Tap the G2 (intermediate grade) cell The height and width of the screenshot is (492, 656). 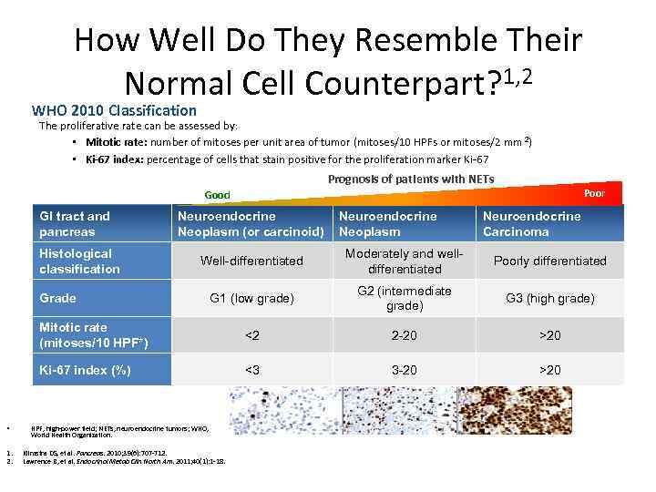pos(404,298)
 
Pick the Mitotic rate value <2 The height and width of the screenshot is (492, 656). pos(251,335)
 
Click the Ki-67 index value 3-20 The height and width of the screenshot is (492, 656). pos(404,369)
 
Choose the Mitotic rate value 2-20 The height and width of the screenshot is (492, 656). pos(404,335)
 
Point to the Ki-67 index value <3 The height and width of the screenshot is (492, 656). pos(251,369)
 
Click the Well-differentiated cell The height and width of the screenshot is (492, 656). pos(251,261)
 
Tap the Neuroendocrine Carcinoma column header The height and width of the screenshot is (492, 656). pos(531,223)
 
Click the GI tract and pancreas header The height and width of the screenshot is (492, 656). pos(75,223)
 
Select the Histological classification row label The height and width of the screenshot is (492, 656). pos(79,261)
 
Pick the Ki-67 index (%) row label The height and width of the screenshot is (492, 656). pos(85,369)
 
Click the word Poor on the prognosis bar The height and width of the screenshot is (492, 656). pos(594,193)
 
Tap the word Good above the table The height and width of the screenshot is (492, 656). pos(217,195)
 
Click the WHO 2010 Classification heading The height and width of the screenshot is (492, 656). pos(114,110)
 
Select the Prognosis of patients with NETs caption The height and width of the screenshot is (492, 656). pos(410,179)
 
